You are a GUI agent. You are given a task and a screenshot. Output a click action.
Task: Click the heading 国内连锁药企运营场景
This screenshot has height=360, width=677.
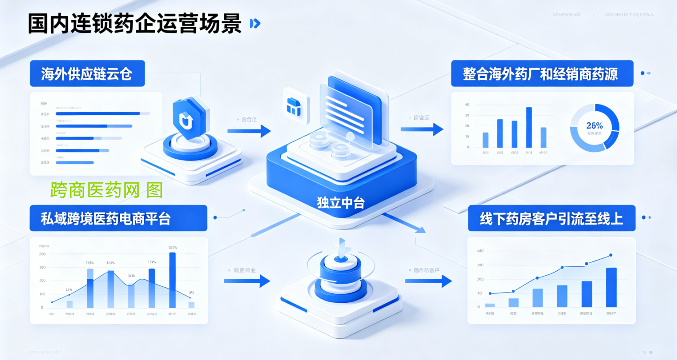tap(134, 24)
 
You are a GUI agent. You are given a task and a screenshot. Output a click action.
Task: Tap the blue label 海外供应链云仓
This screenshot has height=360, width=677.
tap(87, 74)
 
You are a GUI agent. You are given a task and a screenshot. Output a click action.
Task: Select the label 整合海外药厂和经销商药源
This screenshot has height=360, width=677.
tap(540, 74)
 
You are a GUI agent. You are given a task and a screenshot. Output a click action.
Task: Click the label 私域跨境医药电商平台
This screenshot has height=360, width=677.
tap(106, 218)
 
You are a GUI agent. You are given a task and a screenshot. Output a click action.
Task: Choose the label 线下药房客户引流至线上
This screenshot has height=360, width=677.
tap(551, 218)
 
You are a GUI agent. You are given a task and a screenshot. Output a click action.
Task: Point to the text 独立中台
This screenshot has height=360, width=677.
tap(340, 203)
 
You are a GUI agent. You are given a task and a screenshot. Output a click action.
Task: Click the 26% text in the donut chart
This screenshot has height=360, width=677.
tap(594, 126)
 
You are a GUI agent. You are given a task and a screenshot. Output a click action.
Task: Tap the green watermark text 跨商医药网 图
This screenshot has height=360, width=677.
tap(106, 190)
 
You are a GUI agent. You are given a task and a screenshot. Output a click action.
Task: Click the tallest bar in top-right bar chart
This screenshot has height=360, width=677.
tap(529, 127)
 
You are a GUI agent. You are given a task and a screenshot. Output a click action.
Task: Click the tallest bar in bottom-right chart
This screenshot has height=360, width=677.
tap(611, 287)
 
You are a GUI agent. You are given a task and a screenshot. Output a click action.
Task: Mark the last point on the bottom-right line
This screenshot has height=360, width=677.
tap(611, 255)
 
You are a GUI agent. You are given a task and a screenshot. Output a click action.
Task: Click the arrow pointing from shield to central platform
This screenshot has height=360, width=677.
tap(249, 131)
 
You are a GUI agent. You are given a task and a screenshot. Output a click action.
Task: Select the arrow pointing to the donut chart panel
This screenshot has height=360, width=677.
tap(422, 129)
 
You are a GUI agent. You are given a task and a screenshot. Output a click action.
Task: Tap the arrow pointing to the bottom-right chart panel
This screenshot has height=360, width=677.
tap(428, 281)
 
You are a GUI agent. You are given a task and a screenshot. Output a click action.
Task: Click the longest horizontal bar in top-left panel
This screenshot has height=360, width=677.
tap(98, 114)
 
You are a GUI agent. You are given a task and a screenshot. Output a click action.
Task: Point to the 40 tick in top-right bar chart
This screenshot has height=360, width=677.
tap(467, 105)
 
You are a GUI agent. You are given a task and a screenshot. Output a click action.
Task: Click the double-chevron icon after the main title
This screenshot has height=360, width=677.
tap(255, 24)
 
